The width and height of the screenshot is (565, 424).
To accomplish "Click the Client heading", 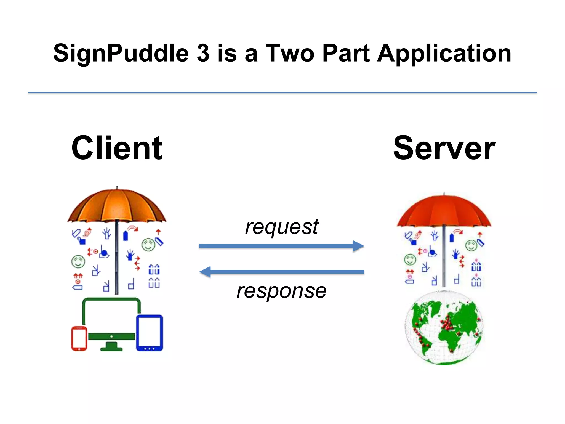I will pyautogui.click(x=117, y=148).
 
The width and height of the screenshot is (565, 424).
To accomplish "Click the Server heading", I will pyautogui.click(x=444, y=148).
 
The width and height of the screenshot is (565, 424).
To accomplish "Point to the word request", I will pyautogui.click(x=282, y=227).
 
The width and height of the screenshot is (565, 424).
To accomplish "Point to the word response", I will pyautogui.click(x=282, y=291).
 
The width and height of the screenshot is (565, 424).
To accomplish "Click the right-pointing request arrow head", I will pyautogui.click(x=358, y=246).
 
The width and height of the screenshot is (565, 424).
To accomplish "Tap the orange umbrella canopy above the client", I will pyautogui.click(x=117, y=206).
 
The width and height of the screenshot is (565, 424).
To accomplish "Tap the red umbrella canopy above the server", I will pyautogui.click(x=444, y=211).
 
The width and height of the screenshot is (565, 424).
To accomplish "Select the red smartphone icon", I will pyautogui.click(x=79, y=338).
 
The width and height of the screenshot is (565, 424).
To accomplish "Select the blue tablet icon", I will pyautogui.click(x=150, y=333).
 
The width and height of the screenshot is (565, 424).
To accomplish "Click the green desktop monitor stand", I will pyautogui.click(x=111, y=346).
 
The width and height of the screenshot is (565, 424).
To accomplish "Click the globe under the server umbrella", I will pyautogui.click(x=444, y=328).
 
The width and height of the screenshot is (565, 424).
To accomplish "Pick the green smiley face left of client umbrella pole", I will pyautogui.click(x=78, y=261).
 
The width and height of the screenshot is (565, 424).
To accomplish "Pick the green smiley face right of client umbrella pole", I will pyautogui.click(x=148, y=245).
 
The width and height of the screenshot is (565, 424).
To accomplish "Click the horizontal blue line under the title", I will pyautogui.click(x=282, y=93).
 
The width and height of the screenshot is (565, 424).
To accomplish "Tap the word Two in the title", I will pyautogui.click(x=290, y=53).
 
